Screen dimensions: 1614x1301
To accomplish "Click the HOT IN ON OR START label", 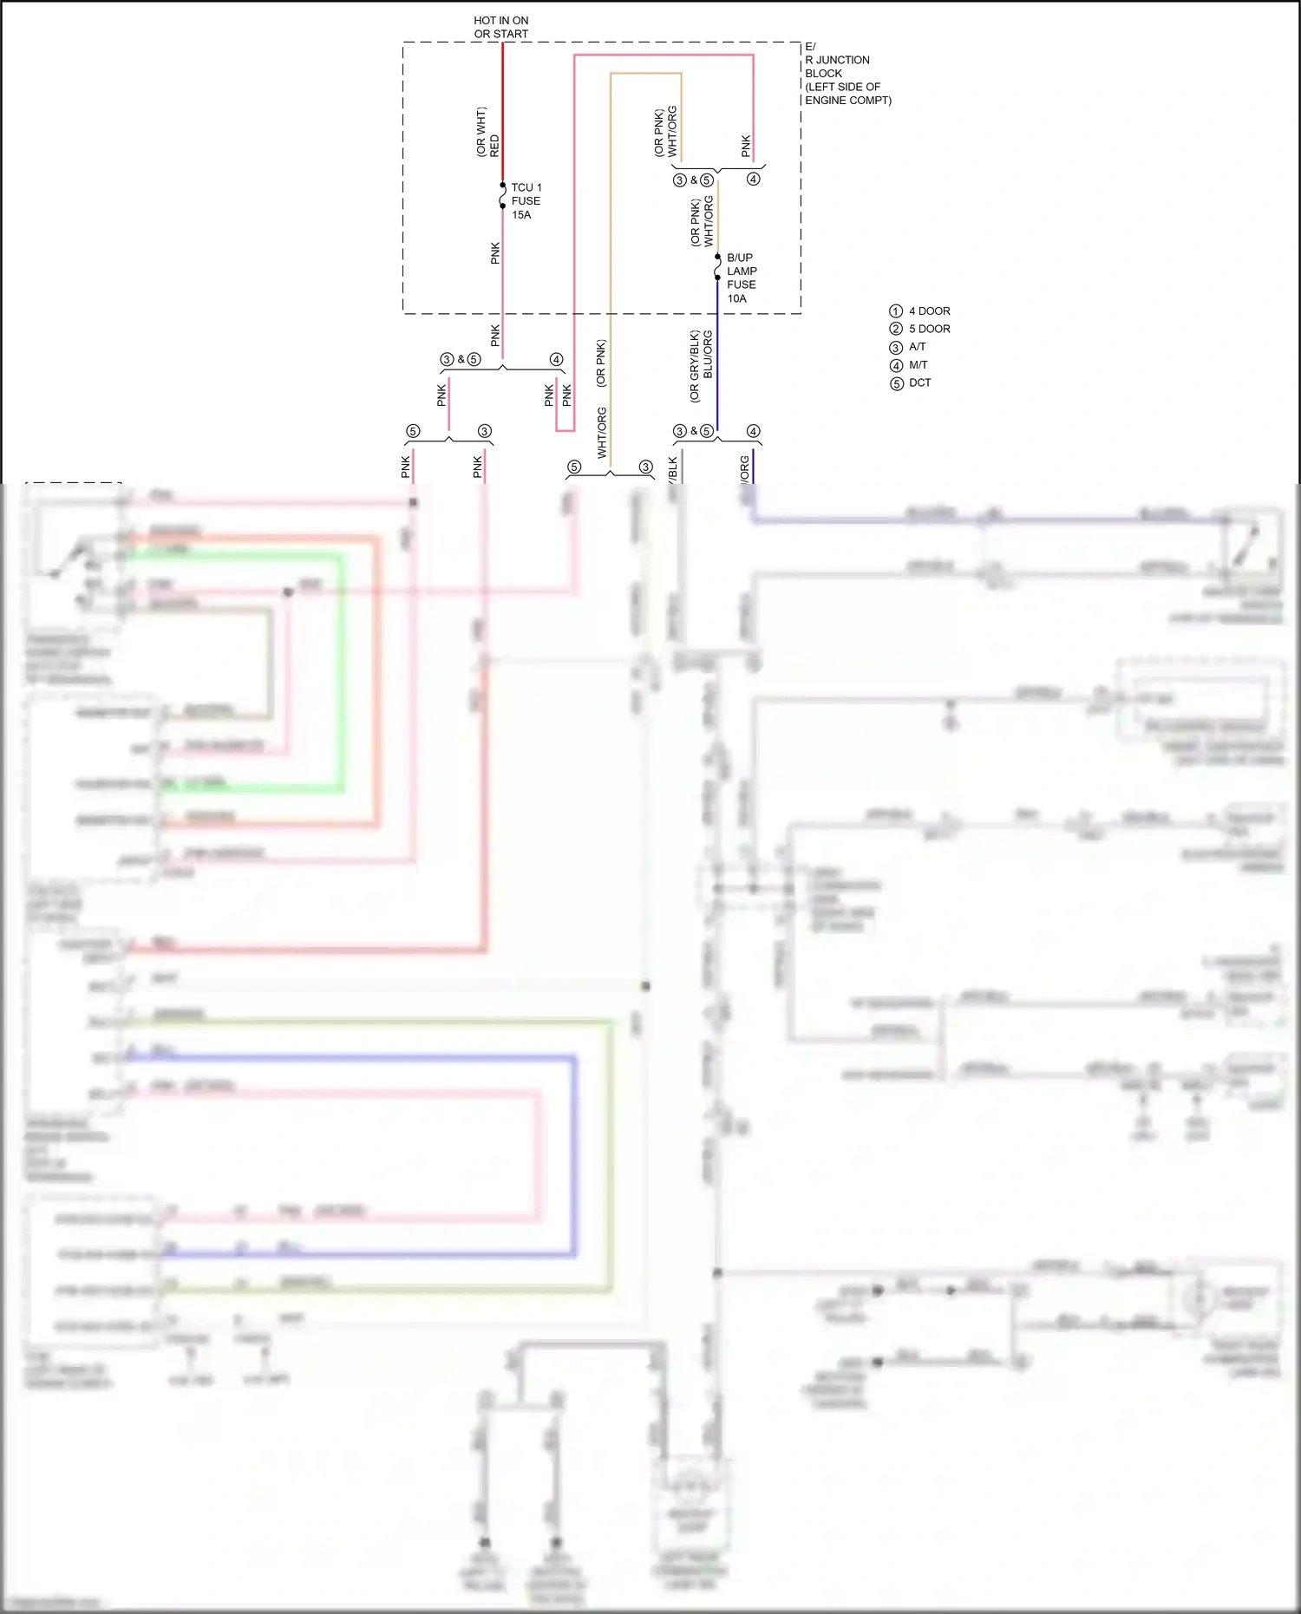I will click(x=500, y=27).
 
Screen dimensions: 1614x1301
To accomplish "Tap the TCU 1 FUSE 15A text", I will click(x=526, y=200).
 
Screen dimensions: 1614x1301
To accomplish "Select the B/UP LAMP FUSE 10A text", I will click(x=741, y=278).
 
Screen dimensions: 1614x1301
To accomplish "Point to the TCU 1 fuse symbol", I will click(x=503, y=196).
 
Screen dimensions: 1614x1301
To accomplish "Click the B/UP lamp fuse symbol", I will click(x=717, y=267).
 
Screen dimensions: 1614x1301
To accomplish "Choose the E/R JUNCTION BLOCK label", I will click(x=847, y=74).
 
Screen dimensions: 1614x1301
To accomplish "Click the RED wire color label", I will click(x=494, y=145).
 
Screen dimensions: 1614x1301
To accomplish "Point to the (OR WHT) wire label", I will click(x=481, y=132).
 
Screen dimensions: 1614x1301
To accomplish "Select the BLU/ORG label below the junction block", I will click(x=708, y=354).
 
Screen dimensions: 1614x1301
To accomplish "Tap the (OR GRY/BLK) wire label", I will click(x=694, y=366).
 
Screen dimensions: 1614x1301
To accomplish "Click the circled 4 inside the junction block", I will click(x=753, y=180).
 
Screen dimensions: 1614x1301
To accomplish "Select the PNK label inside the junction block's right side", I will click(x=746, y=146).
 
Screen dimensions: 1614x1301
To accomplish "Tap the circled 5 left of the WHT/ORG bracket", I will click(x=574, y=467).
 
